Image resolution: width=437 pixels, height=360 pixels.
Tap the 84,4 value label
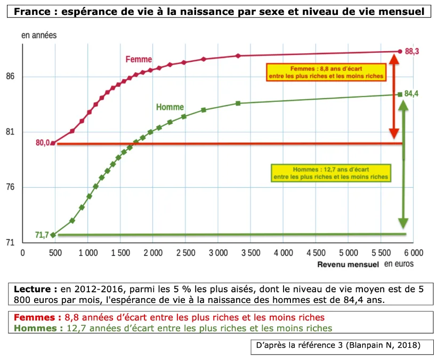coord(411,94)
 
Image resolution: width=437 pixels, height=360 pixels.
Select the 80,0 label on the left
coord(43,143)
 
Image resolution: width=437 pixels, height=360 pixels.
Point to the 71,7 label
coord(42,235)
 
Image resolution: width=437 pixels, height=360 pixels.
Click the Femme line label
coord(139,60)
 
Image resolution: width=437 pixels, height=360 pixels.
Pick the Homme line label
coord(170,107)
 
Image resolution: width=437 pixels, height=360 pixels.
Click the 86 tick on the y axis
coord(11,77)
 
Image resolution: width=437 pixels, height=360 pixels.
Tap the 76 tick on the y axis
coord(11,187)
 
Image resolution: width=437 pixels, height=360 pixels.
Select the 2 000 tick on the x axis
coord(152,253)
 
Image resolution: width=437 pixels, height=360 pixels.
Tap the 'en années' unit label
coord(38,35)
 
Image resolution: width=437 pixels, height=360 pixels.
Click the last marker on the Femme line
coord(400,52)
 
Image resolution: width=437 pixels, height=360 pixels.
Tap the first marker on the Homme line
coord(53,235)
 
